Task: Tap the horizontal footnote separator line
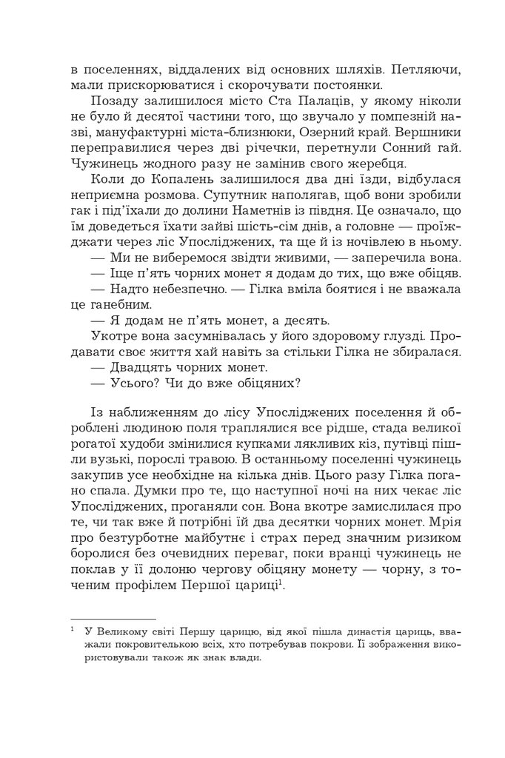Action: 113,617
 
